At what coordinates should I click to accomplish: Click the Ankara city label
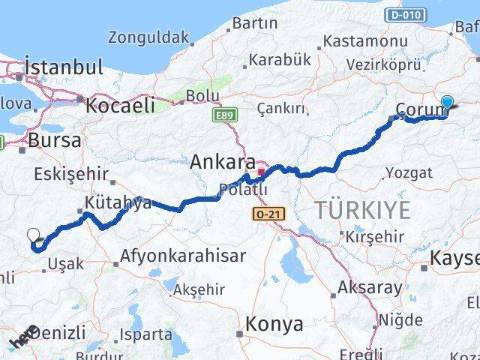217,160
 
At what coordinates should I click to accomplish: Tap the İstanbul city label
63,67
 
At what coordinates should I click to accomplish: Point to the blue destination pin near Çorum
448,103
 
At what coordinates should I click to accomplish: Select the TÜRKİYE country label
362,210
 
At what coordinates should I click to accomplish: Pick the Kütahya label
118,202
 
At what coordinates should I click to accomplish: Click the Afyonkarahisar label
183,256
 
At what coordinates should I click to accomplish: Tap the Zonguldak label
148,36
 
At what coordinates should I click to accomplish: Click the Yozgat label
409,173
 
